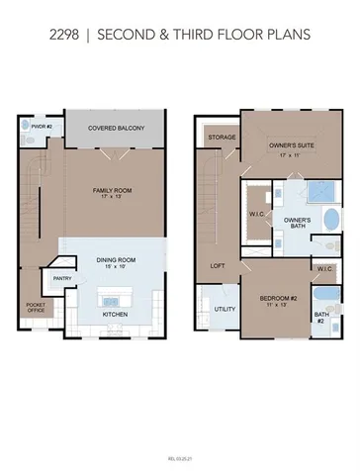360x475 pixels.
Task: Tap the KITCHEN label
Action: [x=117, y=315]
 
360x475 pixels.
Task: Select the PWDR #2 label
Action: [x=41, y=128]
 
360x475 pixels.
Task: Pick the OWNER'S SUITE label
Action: [x=290, y=146]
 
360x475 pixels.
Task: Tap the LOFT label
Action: [x=218, y=265]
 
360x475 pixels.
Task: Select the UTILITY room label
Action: [x=224, y=309]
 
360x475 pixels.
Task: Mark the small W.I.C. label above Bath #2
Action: [x=324, y=268]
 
